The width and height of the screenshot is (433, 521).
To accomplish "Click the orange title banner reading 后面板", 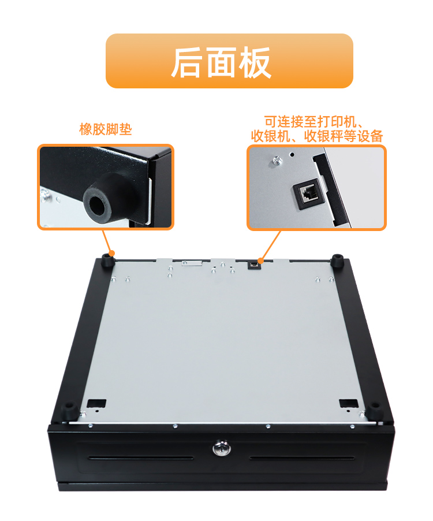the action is point(229,61).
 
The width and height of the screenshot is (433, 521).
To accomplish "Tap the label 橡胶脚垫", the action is point(106,129).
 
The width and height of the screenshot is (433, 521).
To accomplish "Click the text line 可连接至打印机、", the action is point(314,122).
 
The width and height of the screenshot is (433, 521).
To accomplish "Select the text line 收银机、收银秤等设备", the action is point(317,136).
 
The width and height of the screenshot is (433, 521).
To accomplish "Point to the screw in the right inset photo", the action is point(277,161).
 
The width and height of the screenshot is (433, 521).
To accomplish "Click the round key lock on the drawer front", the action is point(222,448).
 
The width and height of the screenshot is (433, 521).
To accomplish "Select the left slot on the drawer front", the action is point(140,459).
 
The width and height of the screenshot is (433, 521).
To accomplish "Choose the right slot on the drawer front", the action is point(302,459).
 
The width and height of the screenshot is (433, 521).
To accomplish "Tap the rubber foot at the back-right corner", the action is point(337,261).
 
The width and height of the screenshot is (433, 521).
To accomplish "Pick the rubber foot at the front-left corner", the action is point(69,412).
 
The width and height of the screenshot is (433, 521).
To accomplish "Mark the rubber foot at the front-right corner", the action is point(374,412).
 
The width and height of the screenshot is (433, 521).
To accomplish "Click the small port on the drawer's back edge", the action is point(254,265).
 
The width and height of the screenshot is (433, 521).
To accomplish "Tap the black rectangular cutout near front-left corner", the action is point(96,403).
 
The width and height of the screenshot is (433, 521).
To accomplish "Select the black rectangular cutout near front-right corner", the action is point(348,403).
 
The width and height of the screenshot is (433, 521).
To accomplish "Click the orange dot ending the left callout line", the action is point(112,253).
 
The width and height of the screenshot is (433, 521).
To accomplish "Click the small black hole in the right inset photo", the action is point(292,154).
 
